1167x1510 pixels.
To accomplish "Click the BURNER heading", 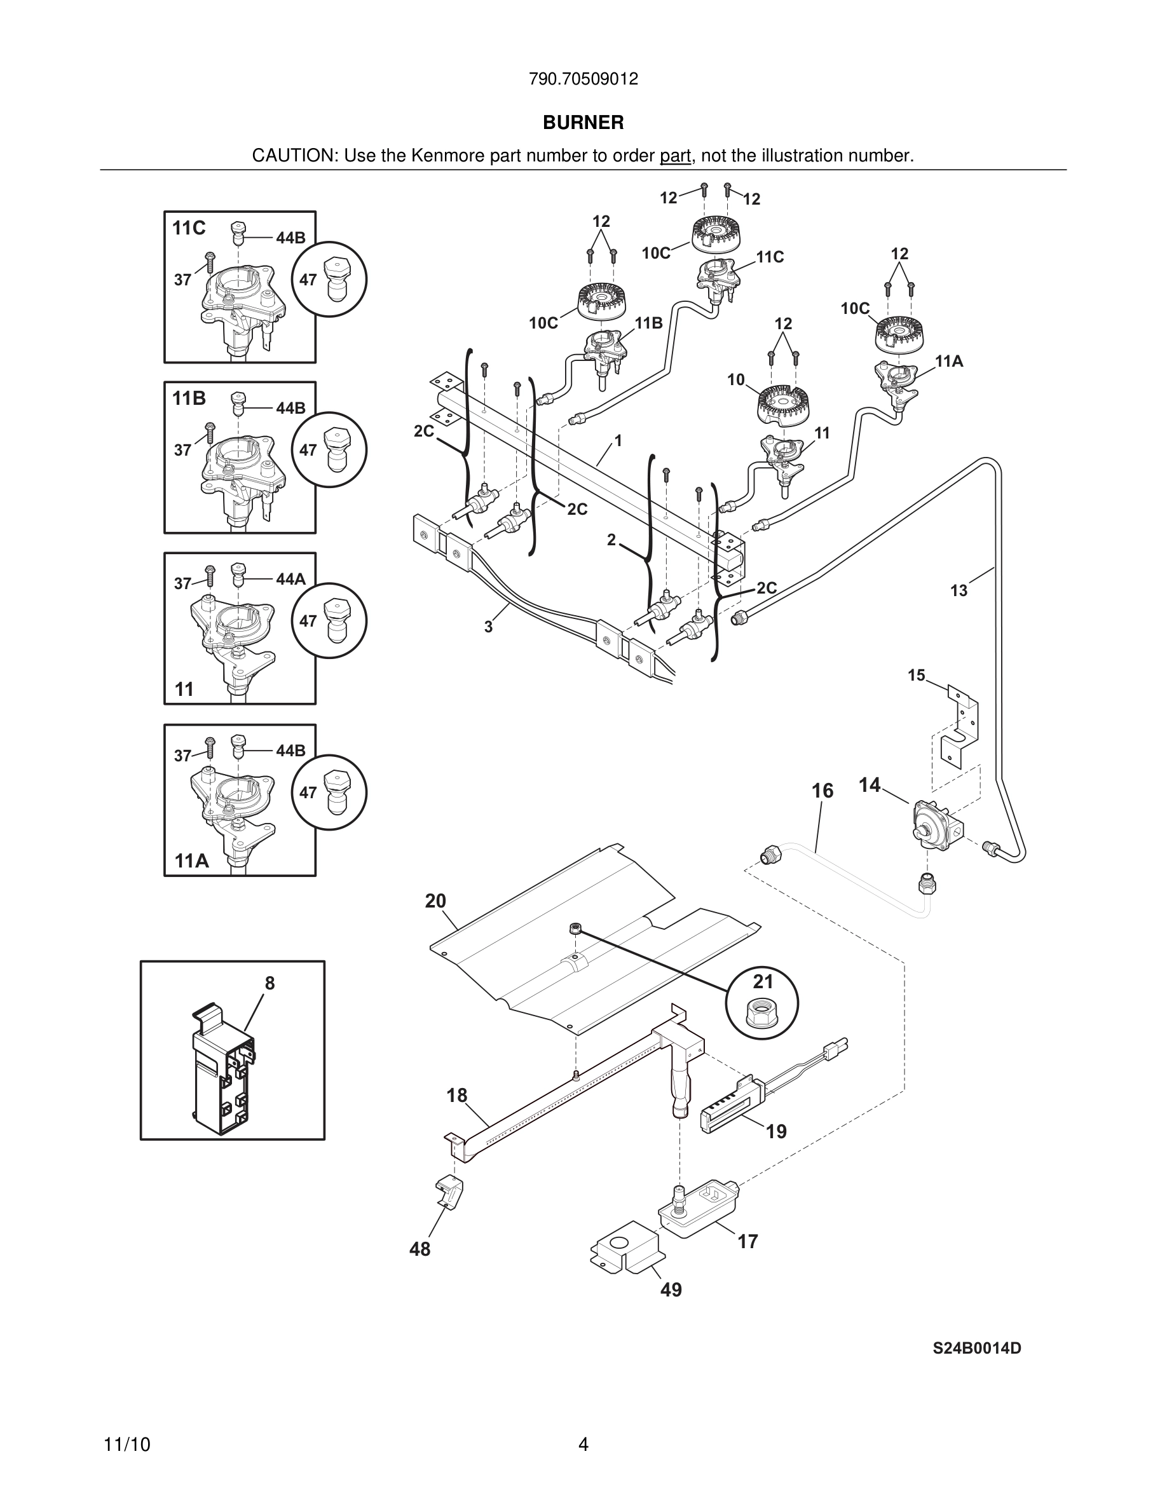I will pyautogui.click(x=583, y=123).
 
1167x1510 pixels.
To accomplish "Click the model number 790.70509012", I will pyautogui.click(x=583, y=79).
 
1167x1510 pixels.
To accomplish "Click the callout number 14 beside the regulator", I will pyautogui.click(x=869, y=785).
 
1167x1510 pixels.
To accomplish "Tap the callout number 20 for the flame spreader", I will pyautogui.click(x=435, y=901).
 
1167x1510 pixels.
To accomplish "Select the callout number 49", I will pyautogui.click(x=671, y=1289).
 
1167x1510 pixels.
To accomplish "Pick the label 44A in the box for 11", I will pyautogui.click(x=290, y=579).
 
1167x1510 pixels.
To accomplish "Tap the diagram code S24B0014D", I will pyautogui.click(x=976, y=1348).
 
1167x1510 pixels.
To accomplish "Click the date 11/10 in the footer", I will pyautogui.click(x=126, y=1445).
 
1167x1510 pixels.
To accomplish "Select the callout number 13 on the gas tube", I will pyautogui.click(x=959, y=590).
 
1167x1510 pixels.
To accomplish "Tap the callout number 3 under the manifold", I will pyautogui.click(x=488, y=627).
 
